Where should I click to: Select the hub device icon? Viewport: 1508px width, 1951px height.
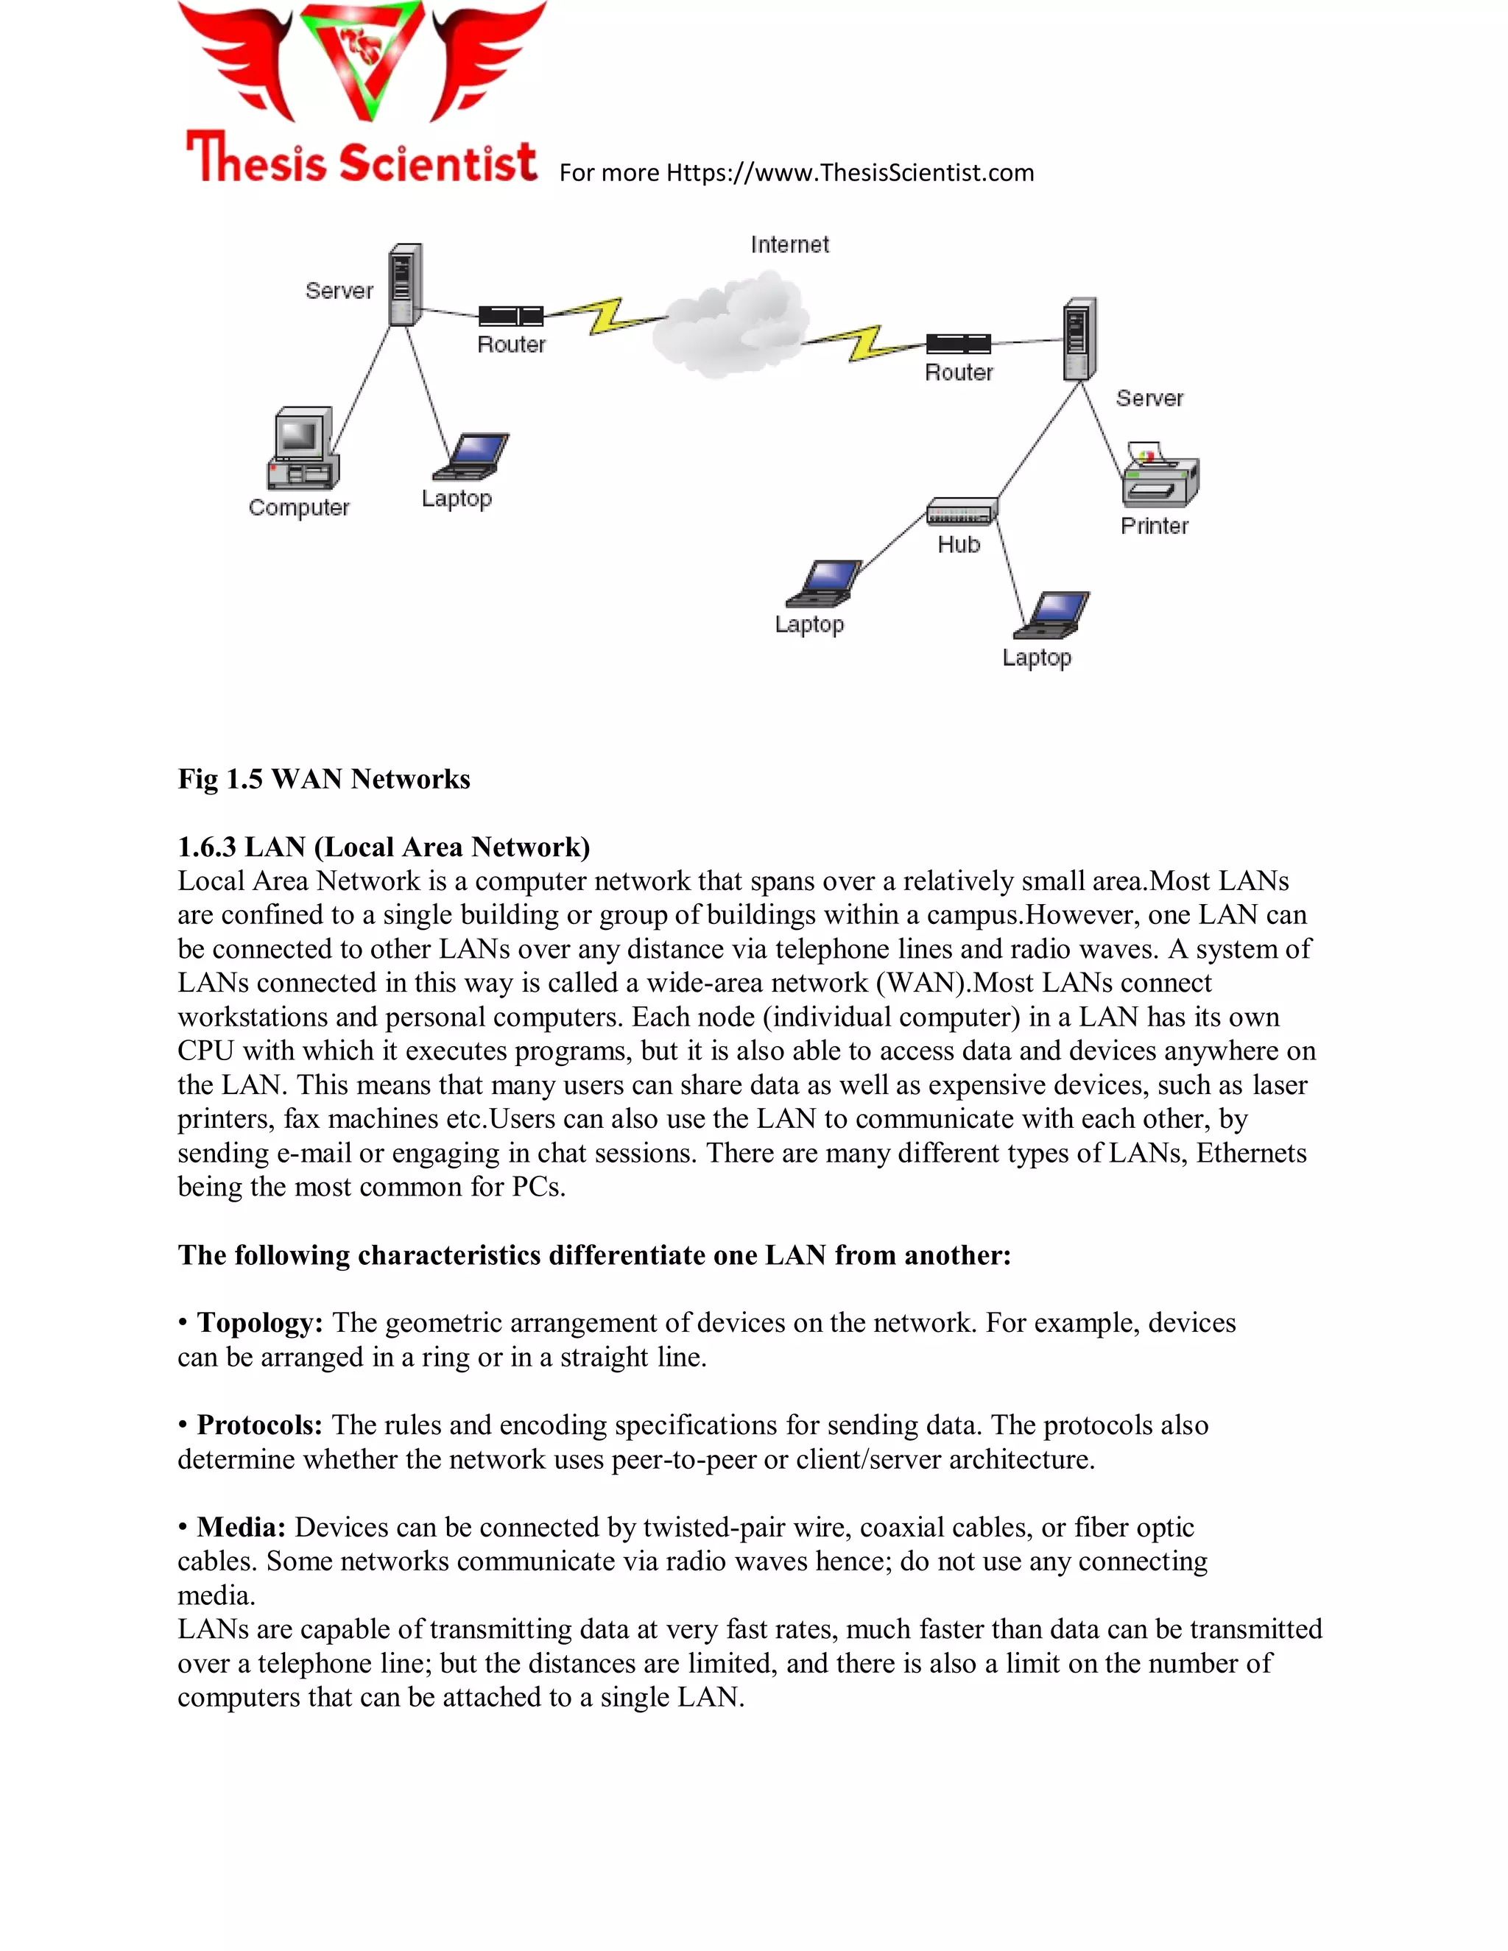coord(961,511)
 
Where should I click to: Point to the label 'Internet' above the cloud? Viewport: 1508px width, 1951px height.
coord(790,244)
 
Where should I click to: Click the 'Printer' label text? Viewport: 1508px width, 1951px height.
coord(1155,526)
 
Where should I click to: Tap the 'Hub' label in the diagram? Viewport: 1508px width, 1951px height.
coord(959,545)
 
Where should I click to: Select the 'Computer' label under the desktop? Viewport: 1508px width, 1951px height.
coord(299,507)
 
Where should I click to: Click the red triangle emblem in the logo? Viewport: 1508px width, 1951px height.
coord(362,58)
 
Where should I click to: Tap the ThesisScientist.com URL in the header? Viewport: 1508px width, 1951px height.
coord(850,172)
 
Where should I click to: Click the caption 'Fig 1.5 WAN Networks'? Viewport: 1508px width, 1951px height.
coord(323,779)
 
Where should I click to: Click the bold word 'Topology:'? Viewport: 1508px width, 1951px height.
coord(260,1323)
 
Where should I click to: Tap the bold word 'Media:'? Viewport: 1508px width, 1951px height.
coord(242,1527)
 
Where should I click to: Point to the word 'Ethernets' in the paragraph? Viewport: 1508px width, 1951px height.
coord(1251,1153)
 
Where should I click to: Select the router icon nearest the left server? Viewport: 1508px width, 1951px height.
coord(511,315)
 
